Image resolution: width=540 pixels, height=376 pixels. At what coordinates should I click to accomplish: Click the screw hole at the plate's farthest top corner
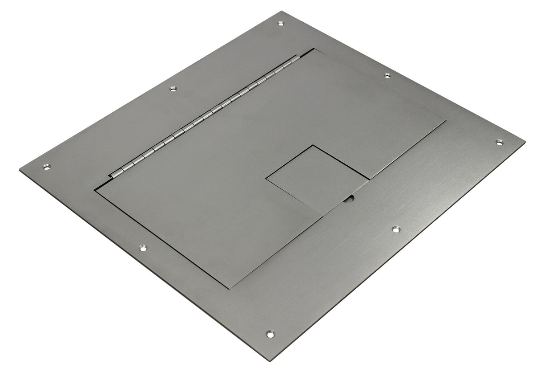(280, 23)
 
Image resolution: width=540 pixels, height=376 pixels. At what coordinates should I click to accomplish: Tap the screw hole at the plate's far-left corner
(46, 167)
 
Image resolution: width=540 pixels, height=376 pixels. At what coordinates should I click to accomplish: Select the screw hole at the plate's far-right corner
(500, 143)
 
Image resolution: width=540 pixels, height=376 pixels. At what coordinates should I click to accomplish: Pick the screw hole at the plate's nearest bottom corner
(270, 333)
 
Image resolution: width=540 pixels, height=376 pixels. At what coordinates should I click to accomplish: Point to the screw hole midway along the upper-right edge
(387, 76)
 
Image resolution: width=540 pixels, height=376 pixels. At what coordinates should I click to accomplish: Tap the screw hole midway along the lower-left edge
(143, 247)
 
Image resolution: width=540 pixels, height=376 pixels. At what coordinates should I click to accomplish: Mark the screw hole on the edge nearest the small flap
(395, 229)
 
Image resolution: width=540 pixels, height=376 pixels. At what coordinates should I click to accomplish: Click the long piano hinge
(205, 116)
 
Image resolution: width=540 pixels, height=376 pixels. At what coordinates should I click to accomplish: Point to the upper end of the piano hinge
(294, 58)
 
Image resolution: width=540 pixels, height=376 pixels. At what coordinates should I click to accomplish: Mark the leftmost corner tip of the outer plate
(20, 169)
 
